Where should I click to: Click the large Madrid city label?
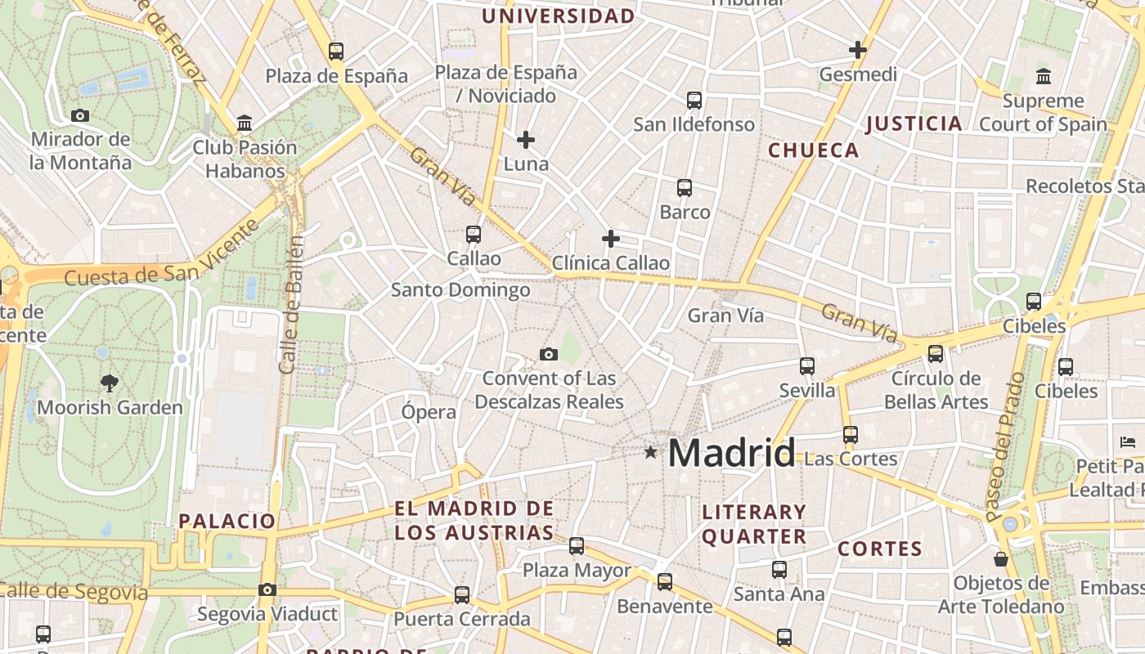point(732,453)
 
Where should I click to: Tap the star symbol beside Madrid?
point(650,451)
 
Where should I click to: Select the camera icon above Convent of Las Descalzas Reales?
point(549,354)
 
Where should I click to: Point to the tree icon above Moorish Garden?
point(109,383)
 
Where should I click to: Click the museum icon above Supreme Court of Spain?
point(1043,77)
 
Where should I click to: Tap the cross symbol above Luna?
point(526,140)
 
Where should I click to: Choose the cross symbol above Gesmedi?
point(857,50)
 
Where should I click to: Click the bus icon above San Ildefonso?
point(694,101)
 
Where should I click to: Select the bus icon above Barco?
point(685,188)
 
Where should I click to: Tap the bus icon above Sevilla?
point(807,365)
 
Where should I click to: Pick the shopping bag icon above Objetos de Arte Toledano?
point(1000,559)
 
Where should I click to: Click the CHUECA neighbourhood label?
point(813,150)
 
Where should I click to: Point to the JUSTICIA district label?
point(914,124)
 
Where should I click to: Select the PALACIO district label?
point(227,521)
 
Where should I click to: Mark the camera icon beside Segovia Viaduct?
point(267,589)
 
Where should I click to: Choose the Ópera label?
point(429,412)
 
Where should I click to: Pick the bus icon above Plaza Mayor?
point(577,545)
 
